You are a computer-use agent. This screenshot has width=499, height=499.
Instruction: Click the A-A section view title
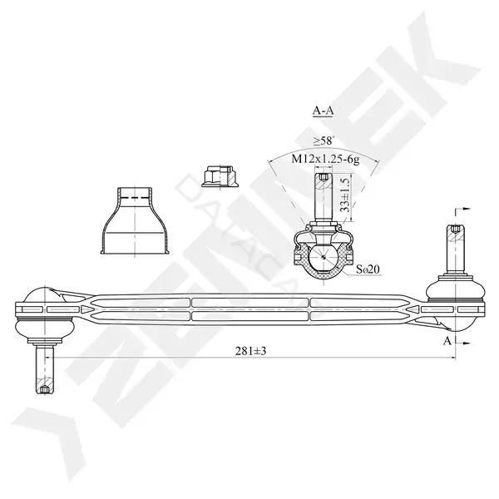point(323,111)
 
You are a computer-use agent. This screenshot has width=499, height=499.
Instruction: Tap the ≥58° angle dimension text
point(324,141)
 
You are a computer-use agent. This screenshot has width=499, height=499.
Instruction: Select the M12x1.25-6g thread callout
point(325,159)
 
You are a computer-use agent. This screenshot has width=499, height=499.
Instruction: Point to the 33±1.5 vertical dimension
point(345,195)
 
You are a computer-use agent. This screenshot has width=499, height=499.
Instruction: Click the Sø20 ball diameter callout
point(368,269)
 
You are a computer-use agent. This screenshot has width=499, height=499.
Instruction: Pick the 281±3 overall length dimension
point(250,351)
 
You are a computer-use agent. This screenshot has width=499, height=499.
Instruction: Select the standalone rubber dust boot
point(135,220)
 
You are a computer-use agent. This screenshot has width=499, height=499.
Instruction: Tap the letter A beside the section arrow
point(447,341)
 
